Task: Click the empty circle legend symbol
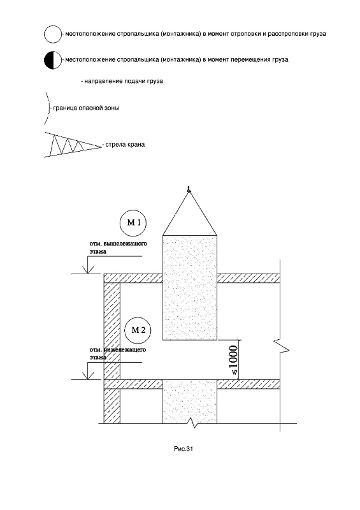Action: (x=53, y=34)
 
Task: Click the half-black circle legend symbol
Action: (x=53, y=60)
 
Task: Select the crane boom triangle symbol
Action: (x=73, y=145)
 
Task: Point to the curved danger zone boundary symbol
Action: (x=48, y=108)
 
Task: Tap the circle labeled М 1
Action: (x=133, y=223)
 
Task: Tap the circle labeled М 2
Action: (x=138, y=330)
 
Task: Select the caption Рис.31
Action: (x=184, y=449)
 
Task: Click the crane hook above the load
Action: (x=189, y=189)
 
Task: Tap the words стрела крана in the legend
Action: (x=125, y=145)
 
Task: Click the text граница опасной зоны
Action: (x=86, y=108)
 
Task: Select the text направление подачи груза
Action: (x=124, y=82)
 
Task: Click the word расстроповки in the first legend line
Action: (x=287, y=34)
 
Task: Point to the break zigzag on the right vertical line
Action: (x=282, y=347)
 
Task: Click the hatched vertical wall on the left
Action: (x=112, y=353)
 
